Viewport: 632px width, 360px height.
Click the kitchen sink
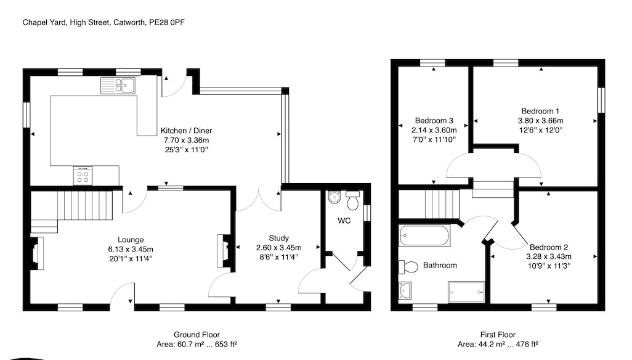point(118,86)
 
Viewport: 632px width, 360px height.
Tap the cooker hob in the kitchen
point(83,176)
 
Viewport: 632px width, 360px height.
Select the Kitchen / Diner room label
point(186,131)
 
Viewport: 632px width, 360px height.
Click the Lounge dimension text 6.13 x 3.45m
point(131,249)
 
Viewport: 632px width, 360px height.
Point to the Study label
point(278,238)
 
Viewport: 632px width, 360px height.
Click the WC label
point(344,221)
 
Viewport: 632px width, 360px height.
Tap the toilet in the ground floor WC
point(353,200)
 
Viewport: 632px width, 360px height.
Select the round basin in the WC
point(334,197)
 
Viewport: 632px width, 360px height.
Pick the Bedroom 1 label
point(540,111)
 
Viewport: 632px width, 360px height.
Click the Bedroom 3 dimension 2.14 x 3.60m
point(434,130)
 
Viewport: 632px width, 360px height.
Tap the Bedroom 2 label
point(549,247)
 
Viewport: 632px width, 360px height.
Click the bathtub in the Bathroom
point(424,235)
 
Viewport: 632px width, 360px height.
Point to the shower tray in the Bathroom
point(466,292)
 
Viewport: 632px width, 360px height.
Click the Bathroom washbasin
point(405,290)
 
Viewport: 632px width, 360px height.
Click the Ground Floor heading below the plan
point(196,335)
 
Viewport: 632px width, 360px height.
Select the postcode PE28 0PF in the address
point(167,23)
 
